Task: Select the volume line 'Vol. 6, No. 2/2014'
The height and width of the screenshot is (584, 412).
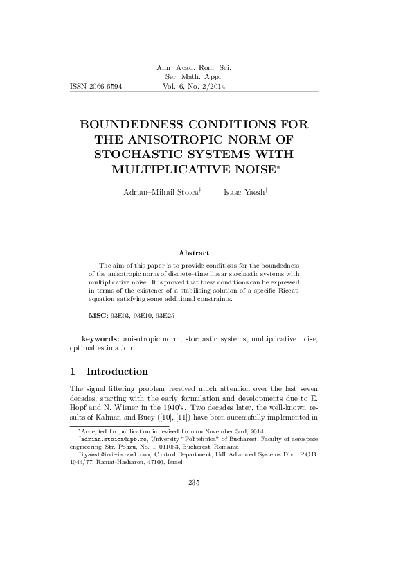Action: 194,87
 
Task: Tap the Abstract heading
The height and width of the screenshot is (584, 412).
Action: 194,254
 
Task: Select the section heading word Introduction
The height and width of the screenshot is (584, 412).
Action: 117,372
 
